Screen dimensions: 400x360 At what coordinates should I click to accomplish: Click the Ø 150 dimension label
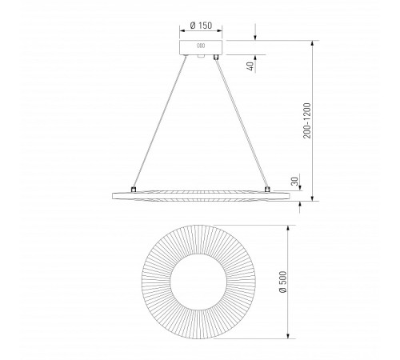201,26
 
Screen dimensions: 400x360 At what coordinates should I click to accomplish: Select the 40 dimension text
250,66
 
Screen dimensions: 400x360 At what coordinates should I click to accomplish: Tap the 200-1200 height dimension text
307,121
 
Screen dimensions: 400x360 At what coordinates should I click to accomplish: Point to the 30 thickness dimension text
294,182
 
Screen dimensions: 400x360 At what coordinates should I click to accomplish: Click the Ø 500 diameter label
282,282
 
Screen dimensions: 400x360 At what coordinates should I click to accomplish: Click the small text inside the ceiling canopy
201,46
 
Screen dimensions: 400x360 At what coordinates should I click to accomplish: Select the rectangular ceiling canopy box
201,47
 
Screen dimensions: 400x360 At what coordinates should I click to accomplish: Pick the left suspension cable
159,122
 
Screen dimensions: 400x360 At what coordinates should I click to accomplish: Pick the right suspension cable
242,122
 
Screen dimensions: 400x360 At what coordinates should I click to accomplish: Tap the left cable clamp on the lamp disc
134,190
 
